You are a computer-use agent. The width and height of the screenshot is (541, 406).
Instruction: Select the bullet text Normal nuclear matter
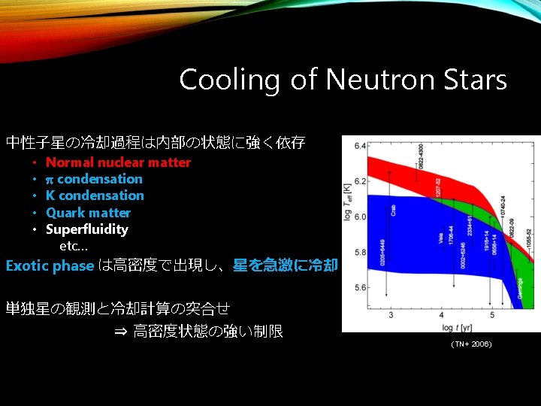coord(118,162)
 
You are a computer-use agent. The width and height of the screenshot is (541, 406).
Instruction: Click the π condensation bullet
coord(94,179)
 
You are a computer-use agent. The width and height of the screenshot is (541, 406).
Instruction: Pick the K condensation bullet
coord(95,195)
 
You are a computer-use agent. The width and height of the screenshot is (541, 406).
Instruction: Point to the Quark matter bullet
coord(88,213)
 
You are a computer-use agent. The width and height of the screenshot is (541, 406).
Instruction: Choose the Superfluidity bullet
coord(86,229)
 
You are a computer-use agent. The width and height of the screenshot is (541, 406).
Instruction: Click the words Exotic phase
coord(50,265)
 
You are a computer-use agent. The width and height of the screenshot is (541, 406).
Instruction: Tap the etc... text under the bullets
coord(74,246)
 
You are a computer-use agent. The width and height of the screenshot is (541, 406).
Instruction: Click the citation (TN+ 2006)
coord(471,344)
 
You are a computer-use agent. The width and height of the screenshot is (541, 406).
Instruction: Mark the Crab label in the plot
coord(394,208)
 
